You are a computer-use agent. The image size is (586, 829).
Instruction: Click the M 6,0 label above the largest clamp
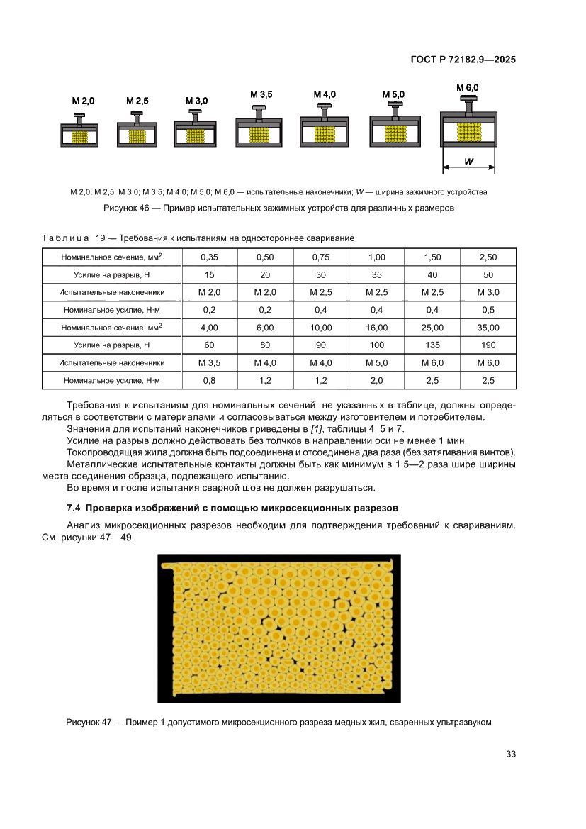coord(468,87)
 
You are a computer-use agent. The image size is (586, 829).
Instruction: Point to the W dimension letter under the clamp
coord(469,162)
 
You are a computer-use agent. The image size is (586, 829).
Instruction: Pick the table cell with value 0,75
coord(321,257)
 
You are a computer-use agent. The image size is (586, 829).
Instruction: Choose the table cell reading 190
coord(488,345)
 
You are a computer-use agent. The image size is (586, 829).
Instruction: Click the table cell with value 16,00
coord(377,328)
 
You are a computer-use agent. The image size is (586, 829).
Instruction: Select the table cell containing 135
coord(432,345)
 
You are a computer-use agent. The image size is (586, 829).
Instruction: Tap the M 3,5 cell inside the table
coord(210,362)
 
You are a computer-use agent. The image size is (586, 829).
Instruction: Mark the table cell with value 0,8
coord(210,381)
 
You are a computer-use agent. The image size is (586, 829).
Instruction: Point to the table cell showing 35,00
coord(488,328)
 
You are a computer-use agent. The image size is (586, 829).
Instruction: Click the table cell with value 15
coord(210,274)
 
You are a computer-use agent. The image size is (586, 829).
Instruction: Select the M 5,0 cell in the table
coord(377,362)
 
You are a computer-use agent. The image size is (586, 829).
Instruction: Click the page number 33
coord(510,754)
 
